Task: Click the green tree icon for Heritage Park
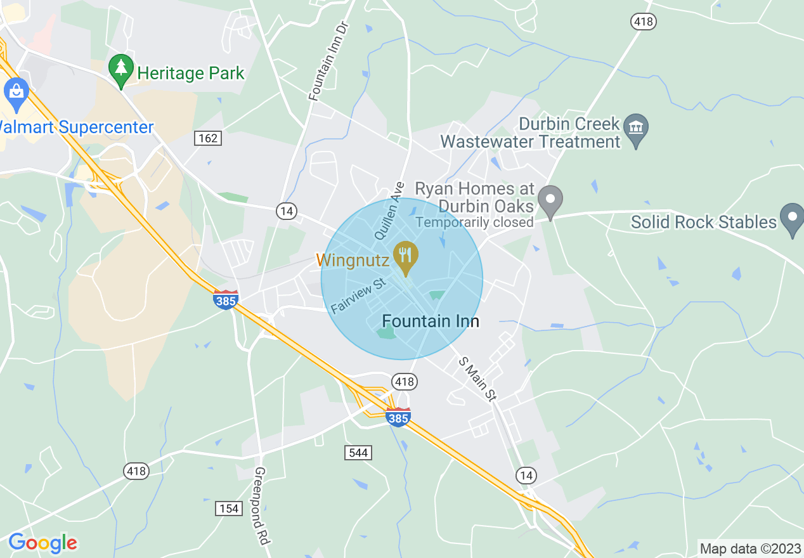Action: [120, 70]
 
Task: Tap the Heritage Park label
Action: [191, 74]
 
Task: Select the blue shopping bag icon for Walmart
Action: [16, 93]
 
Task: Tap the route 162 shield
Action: [208, 138]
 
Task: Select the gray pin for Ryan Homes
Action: [550, 200]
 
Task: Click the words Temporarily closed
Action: [475, 223]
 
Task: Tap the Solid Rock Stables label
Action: [704, 222]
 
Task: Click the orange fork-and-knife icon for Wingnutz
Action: [405, 256]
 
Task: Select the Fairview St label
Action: [358, 295]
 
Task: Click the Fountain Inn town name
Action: [431, 321]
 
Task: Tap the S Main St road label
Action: [477, 378]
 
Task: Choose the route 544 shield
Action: [358, 452]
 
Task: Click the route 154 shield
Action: [228, 508]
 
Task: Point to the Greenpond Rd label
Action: [262, 506]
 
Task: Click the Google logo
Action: [42, 543]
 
